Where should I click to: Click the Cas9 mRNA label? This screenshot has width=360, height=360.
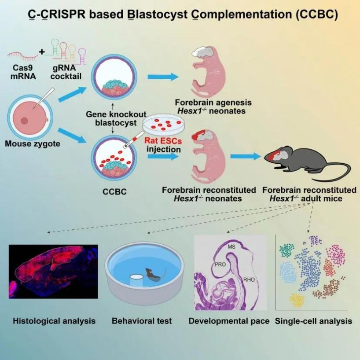tap(22, 72)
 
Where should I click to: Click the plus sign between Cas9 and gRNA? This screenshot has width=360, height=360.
tap(42, 52)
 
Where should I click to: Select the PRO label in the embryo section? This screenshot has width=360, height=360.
tap(220, 265)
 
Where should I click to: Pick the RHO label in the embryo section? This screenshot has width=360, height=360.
tap(249, 279)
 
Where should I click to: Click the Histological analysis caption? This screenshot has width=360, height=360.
tap(54, 321)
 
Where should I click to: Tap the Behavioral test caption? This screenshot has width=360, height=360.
tap(142, 321)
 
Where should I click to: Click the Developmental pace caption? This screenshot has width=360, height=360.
tap(229, 321)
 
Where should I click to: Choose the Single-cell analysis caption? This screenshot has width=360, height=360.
tap(313, 321)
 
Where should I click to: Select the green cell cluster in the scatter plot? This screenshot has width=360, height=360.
tap(287, 251)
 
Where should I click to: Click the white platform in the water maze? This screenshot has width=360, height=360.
tap(136, 279)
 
